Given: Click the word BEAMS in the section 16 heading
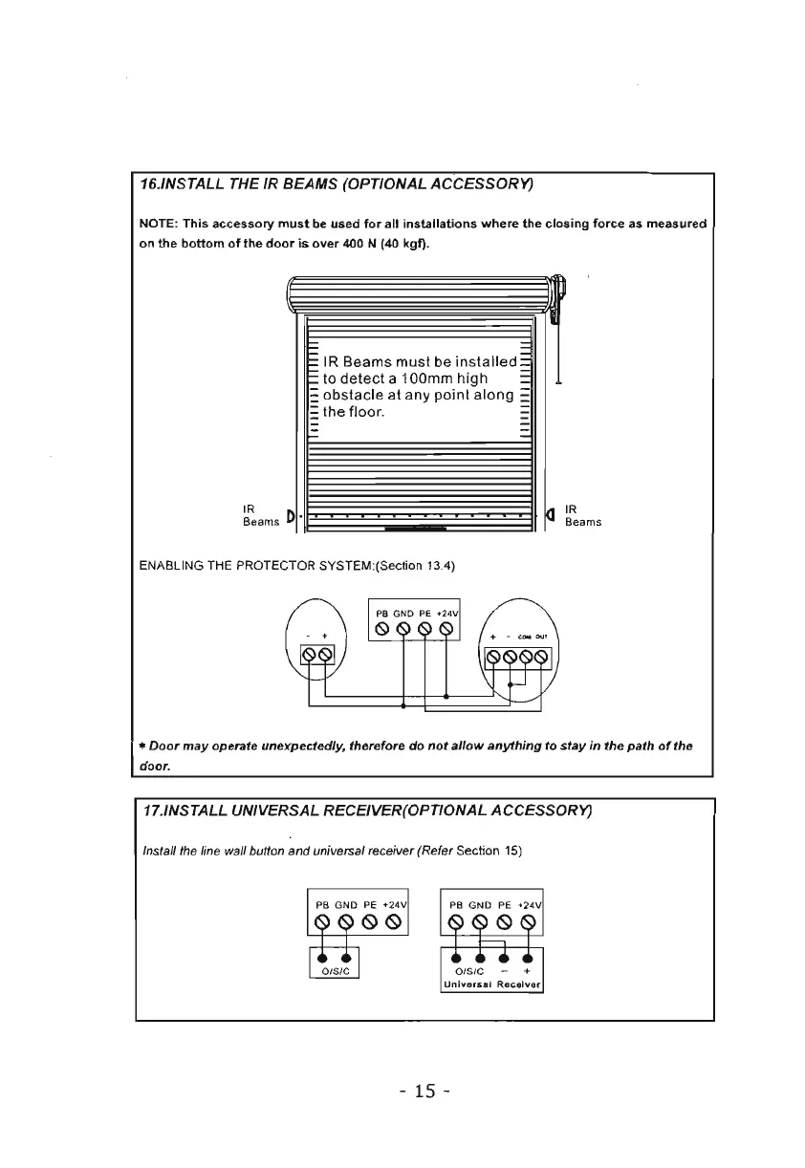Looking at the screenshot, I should (294, 185).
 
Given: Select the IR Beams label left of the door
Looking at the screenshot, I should (260, 516).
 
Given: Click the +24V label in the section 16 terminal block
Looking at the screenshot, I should (448, 613).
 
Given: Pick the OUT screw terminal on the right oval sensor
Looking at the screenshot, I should (542, 656).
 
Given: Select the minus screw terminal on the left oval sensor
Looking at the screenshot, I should (309, 655).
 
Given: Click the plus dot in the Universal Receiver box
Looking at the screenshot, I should (527, 956).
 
